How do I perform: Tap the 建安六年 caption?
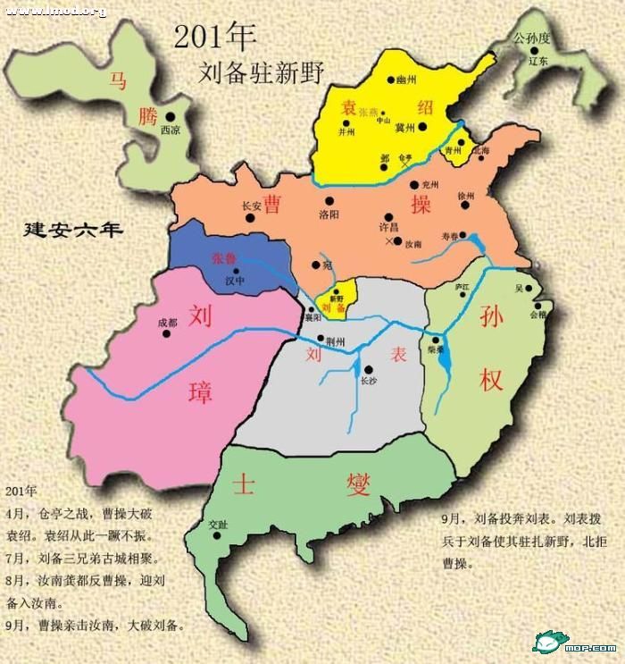[x=73, y=230]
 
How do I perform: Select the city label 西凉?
[x=170, y=130]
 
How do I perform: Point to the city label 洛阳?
[x=329, y=214]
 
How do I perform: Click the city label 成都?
[x=167, y=323]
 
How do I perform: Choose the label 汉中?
[x=234, y=280]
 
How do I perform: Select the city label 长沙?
[x=368, y=380]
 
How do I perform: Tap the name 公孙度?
[x=535, y=38]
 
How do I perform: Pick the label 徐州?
[x=466, y=195]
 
